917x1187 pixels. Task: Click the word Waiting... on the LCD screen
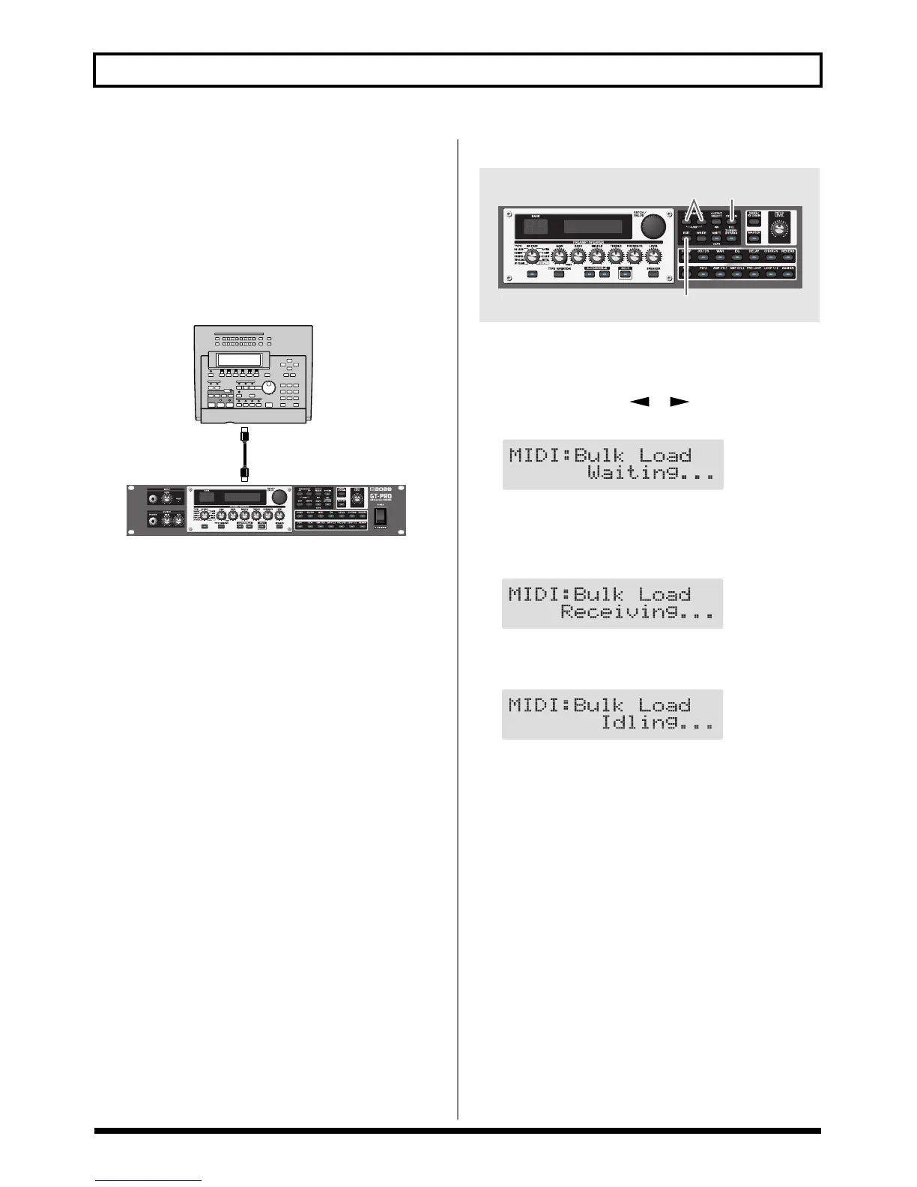click(x=650, y=474)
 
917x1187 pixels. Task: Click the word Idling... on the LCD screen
click(x=657, y=723)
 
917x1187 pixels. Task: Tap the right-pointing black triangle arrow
click(x=679, y=402)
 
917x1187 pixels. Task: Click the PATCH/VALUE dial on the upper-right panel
click(x=653, y=226)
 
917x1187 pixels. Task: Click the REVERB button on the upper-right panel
click(x=787, y=256)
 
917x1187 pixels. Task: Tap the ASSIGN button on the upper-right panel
click(x=787, y=274)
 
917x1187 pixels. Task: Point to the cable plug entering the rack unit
click(x=244, y=474)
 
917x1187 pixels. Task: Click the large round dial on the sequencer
click(x=268, y=387)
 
